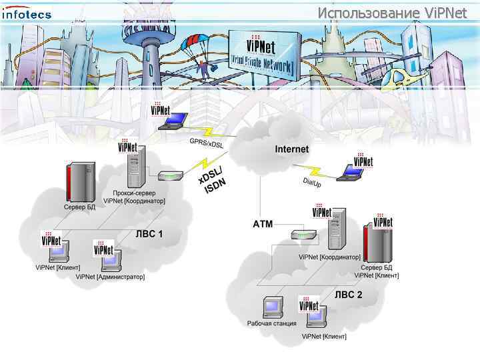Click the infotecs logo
27,14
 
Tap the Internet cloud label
292,149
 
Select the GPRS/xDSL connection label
206,143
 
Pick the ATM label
263,224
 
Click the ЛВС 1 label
149,234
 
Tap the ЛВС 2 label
348,294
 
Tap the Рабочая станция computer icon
273,307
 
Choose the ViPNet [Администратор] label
110,276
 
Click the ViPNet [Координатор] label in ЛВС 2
329,257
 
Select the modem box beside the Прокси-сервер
169,177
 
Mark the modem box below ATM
302,234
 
